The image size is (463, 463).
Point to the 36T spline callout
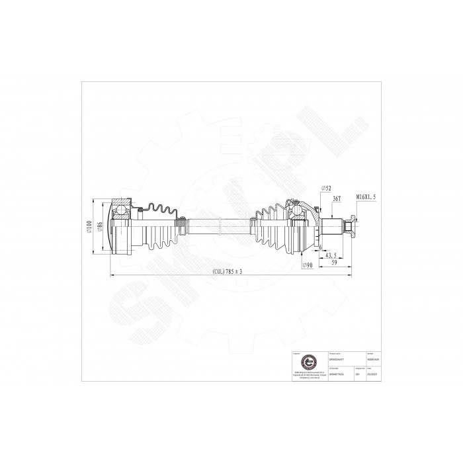335,198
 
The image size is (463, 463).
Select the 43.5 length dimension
331,255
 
